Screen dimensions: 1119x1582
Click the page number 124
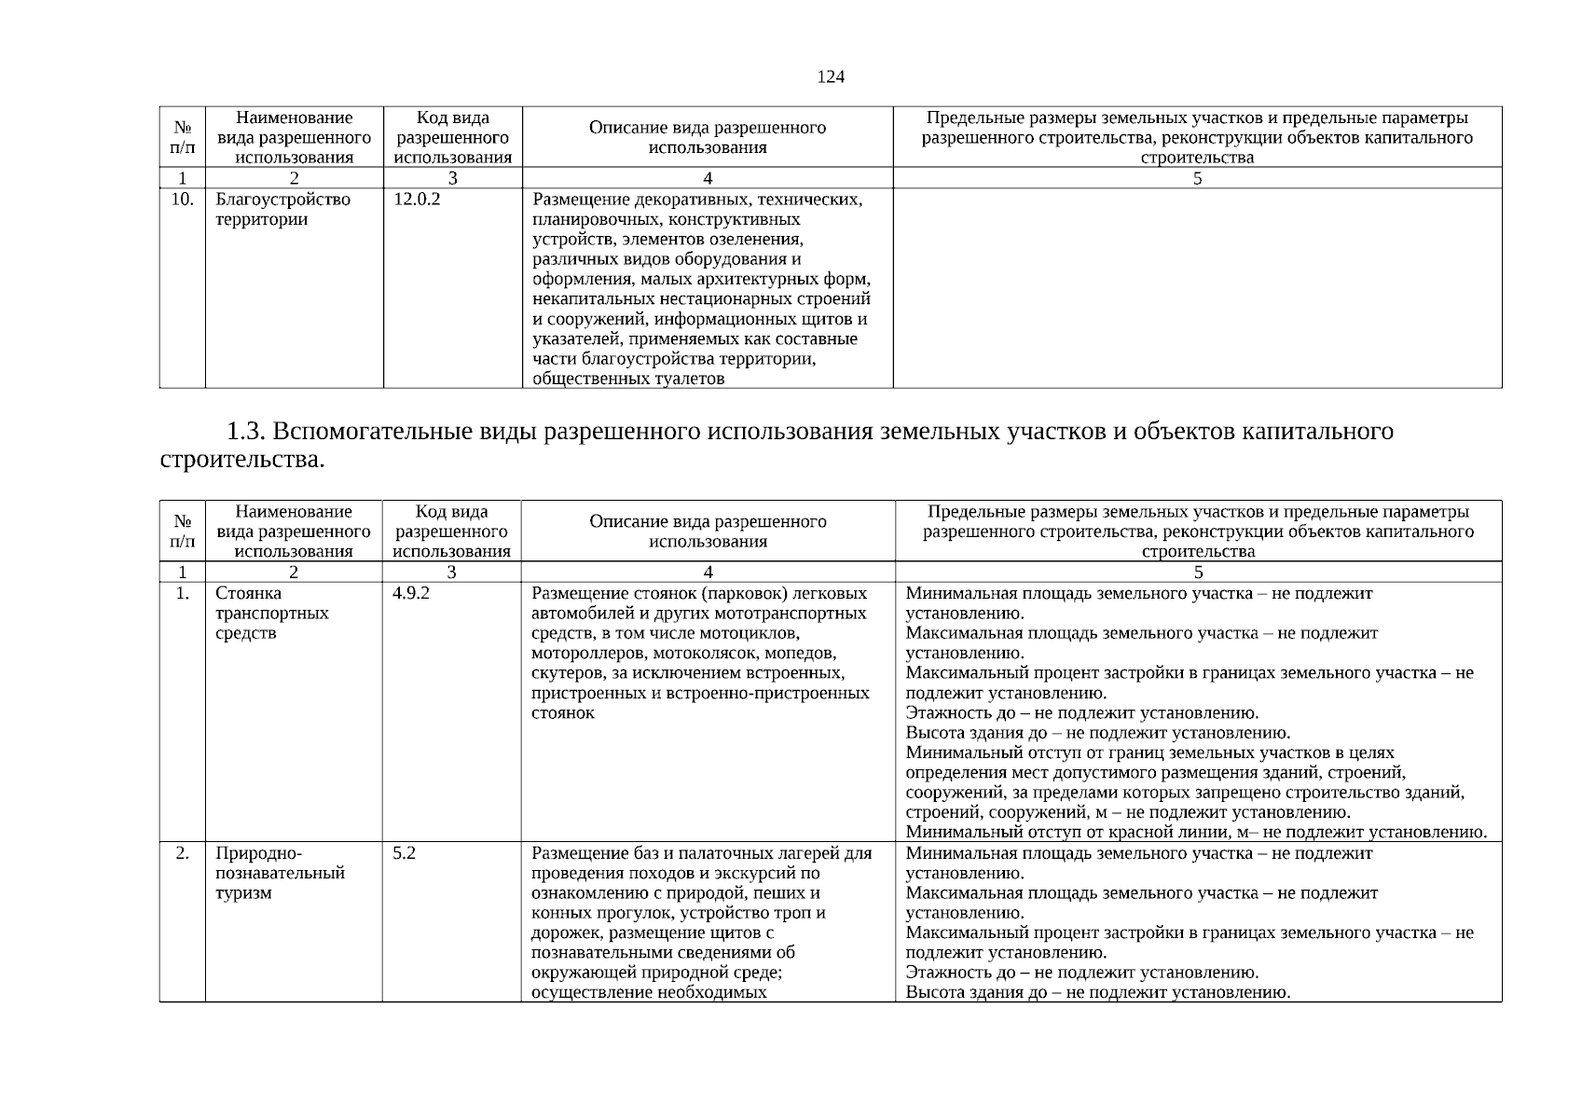(x=830, y=77)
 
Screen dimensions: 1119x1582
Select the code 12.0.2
(x=417, y=200)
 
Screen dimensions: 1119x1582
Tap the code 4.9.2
(x=411, y=593)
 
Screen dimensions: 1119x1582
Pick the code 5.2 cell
(x=404, y=852)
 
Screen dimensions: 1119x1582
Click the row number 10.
(x=183, y=200)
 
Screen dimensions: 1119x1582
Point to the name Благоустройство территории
(x=282, y=210)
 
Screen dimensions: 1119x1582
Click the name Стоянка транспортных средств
(x=271, y=614)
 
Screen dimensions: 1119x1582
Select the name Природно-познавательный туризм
(x=280, y=873)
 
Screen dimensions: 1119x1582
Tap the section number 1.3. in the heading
(x=247, y=432)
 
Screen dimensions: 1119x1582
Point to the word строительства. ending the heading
(x=243, y=460)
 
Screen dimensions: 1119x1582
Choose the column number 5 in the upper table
(x=1197, y=178)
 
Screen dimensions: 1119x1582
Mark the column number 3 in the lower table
(x=451, y=572)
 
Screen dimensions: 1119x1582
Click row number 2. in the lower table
(x=183, y=852)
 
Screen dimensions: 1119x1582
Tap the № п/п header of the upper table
(x=183, y=137)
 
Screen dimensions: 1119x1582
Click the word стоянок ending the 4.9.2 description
(x=562, y=713)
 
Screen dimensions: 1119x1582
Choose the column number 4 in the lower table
(x=708, y=572)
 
